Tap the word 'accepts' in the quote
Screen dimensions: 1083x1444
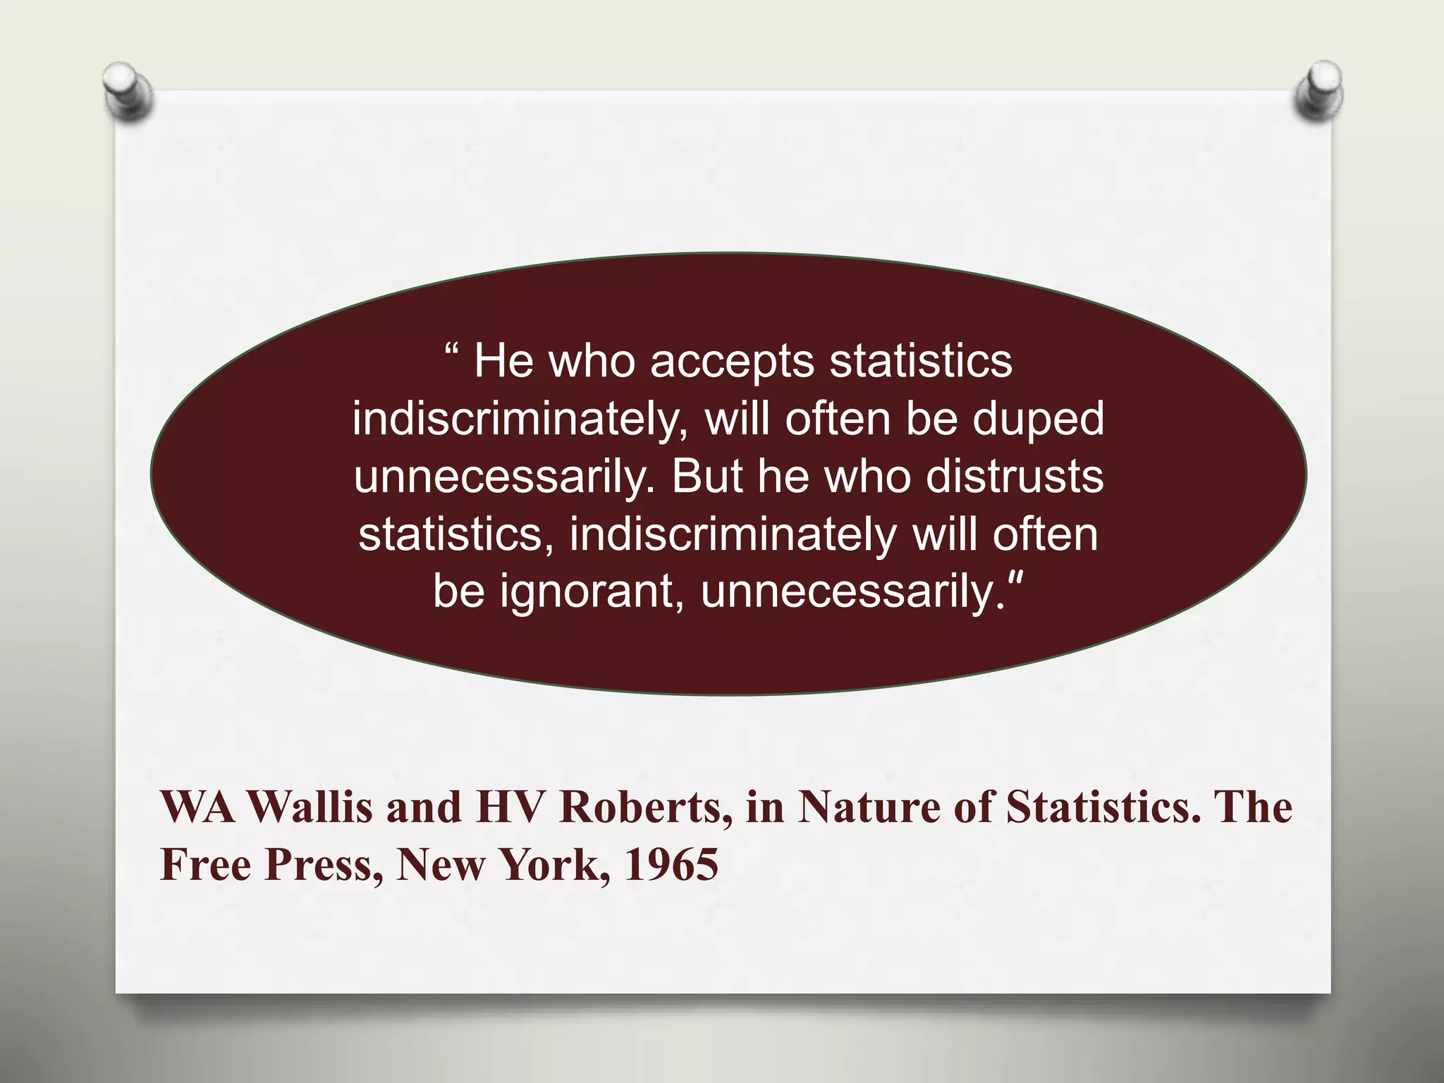pyautogui.click(x=732, y=361)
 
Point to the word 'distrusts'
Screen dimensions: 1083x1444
pyautogui.click(x=1014, y=477)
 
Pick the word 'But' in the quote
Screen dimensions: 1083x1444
pyautogui.click(x=707, y=477)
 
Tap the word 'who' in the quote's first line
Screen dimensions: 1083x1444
pyautogui.click(x=592, y=361)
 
